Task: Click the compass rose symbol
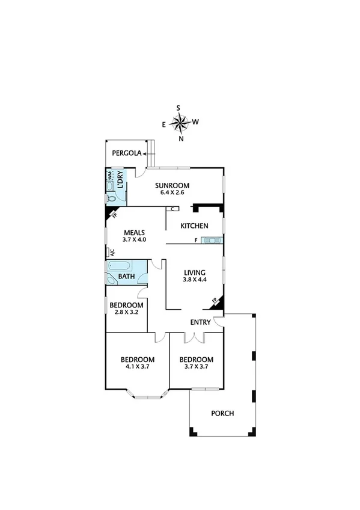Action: [x=180, y=123]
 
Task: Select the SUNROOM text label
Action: [x=172, y=185]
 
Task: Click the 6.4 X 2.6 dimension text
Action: [x=172, y=192]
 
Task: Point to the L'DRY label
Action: [x=121, y=180]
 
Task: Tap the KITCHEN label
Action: [x=195, y=226]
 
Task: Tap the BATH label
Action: [x=126, y=277]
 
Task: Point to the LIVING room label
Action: [x=195, y=272]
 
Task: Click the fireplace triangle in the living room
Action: [x=218, y=303]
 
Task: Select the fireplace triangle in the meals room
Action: [x=111, y=212]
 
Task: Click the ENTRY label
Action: [x=200, y=322]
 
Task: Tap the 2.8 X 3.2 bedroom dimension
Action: [x=127, y=313]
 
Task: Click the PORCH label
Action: [x=222, y=413]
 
